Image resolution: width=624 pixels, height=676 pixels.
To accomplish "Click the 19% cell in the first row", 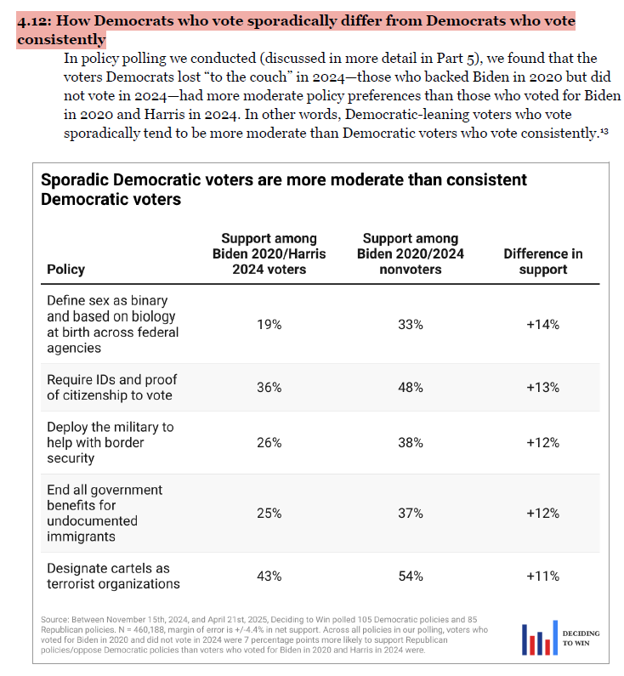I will pyautogui.click(x=269, y=324).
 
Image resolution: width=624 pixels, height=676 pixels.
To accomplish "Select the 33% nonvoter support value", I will pyautogui.click(x=411, y=324).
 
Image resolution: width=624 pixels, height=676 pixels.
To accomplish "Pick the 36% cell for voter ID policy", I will pyautogui.click(x=269, y=387).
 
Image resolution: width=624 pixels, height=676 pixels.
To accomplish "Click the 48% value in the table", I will pyautogui.click(x=411, y=387).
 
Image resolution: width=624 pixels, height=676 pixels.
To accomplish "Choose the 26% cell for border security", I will pyautogui.click(x=269, y=443).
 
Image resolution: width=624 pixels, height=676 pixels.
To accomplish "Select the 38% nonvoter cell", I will pyautogui.click(x=411, y=443).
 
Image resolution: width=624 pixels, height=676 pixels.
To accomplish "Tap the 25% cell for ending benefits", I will pyautogui.click(x=269, y=513).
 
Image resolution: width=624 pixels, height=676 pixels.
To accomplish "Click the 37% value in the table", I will pyautogui.click(x=411, y=513).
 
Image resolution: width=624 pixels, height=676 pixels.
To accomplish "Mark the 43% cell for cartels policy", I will pyautogui.click(x=269, y=576).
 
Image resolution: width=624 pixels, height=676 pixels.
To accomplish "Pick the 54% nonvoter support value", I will pyautogui.click(x=411, y=576).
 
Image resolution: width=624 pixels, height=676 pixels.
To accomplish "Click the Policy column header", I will pyautogui.click(x=66, y=269).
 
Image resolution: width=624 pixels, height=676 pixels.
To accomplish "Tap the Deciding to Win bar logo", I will pyautogui.click(x=537, y=639).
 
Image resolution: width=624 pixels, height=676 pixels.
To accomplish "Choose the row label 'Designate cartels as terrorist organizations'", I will pyautogui.click(x=113, y=576).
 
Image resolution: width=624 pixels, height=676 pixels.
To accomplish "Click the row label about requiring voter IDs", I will pyautogui.click(x=111, y=387).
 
